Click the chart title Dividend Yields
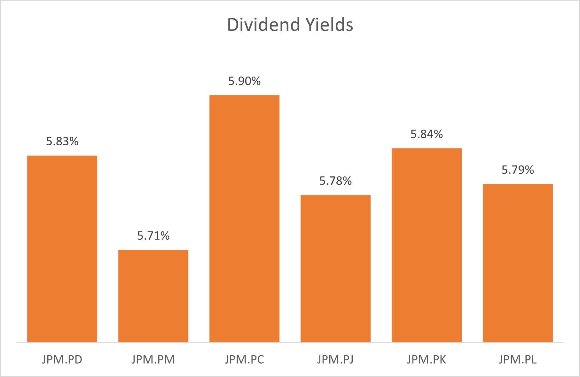pyautogui.click(x=290, y=25)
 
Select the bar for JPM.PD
pyautogui.click(x=62, y=249)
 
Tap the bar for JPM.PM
pyautogui.click(x=153, y=296)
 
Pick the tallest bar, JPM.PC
pyautogui.click(x=244, y=219)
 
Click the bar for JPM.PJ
pyautogui.click(x=335, y=269)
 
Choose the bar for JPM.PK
pyautogui.click(x=427, y=245)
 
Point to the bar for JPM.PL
pyautogui.click(x=518, y=263)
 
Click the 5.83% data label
pyautogui.click(x=62, y=141)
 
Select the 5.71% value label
pyautogui.click(x=153, y=236)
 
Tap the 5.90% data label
pyautogui.click(x=244, y=81)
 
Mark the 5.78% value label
pyautogui.click(x=335, y=181)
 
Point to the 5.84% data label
pyautogui.click(x=427, y=134)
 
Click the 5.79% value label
pyautogui.click(x=518, y=170)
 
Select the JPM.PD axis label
pyautogui.click(x=62, y=359)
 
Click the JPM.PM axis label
pyautogui.click(x=153, y=359)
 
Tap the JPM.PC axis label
pyautogui.click(x=244, y=359)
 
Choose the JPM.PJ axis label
pyautogui.click(x=335, y=359)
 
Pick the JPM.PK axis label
pyautogui.click(x=427, y=359)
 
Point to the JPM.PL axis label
pyautogui.click(x=518, y=359)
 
